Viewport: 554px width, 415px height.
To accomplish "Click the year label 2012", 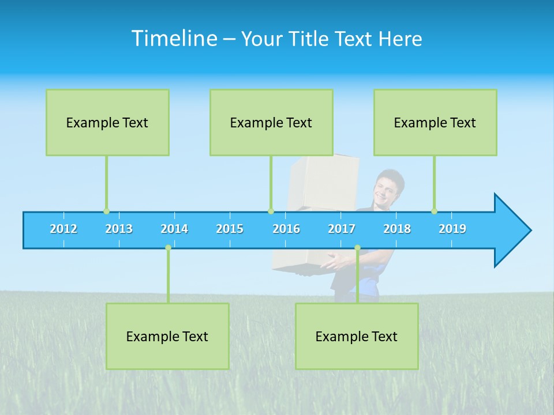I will pyautogui.click(x=63, y=229).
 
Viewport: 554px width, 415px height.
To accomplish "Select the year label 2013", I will pyautogui.click(x=119, y=229).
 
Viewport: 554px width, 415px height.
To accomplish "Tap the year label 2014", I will pyautogui.click(x=174, y=229).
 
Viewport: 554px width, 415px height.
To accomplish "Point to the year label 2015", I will pyautogui.click(x=230, y=229).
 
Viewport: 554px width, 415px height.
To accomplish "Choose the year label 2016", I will pyautogui.click(x=286, y=229).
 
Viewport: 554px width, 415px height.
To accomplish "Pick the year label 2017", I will pyautogui.click(x=342, y=229).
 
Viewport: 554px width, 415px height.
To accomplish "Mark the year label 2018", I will pyautogui.click(x=397, y=229).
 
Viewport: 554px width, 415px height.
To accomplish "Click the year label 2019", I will pyautogui.click(x=452, y=229).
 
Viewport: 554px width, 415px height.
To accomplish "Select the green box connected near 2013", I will pyautogui.click(x=107, y=122).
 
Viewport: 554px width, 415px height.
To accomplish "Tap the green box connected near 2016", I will pyautogui.click(x=271, y=122).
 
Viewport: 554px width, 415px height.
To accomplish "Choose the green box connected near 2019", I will pyautogui.click(x=435, y=122).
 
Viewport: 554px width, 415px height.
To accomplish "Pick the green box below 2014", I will pyautogui.click(x=167, y=336).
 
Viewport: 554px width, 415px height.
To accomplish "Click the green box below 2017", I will pyautogui.click(x=357, y=336).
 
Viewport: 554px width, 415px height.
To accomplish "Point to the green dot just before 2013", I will pyautogui.click(x=106, y=212).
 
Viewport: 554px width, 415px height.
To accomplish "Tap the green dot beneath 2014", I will pyautogui.click(x=168, y=248).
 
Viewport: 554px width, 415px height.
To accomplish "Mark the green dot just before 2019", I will pyautogui.click(x=434, y=212).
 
